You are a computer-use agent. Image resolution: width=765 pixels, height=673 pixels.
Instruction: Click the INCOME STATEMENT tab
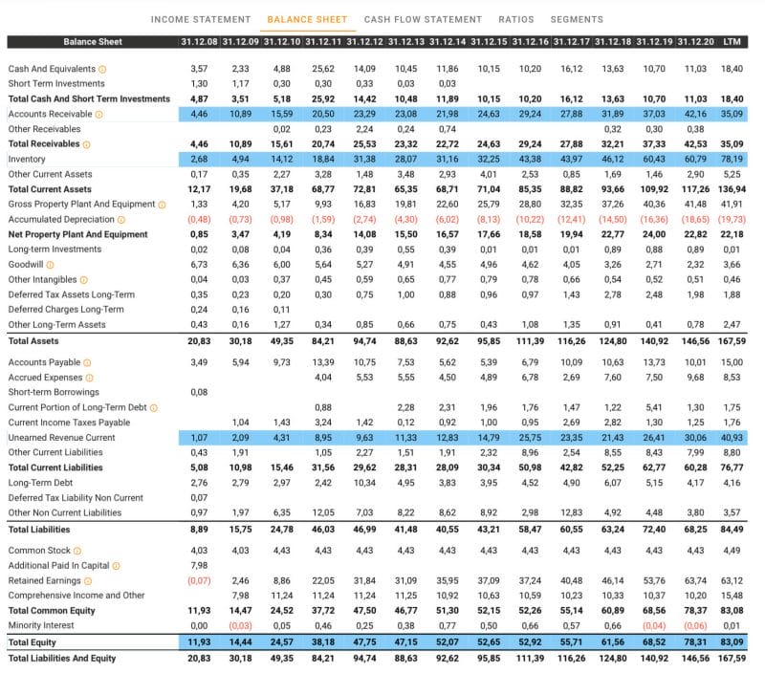pos(201,19)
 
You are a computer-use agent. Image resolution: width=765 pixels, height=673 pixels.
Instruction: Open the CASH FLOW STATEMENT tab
pos(423,19)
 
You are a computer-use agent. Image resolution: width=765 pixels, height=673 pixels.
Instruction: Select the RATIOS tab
pos(516,19)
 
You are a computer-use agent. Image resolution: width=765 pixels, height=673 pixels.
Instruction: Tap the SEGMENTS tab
pos(577,19)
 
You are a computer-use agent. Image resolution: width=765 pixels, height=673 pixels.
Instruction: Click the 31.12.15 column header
pos(489,42)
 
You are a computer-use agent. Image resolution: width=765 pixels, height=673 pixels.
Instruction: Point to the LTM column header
pos(732,42)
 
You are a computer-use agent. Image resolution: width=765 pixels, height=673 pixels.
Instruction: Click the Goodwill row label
pos(26,264)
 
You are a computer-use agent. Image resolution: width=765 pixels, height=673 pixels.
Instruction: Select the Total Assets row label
pos(33,341)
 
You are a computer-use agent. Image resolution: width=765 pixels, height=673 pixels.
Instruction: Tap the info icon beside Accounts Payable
pos(87,363)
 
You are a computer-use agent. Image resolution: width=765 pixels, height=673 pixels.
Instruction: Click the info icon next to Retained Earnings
pos(88,581)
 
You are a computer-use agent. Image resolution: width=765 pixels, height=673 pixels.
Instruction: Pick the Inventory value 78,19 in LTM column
pos(732,159)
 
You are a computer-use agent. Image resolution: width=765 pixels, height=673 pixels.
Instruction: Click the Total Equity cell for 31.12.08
pos(199,642)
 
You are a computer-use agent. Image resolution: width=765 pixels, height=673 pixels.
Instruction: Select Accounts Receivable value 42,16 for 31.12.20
pos(695,114)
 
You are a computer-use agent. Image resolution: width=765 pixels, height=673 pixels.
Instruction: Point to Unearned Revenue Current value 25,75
pos(530,438)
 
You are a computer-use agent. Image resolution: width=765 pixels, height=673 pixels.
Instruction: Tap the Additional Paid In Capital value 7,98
pos(199,566)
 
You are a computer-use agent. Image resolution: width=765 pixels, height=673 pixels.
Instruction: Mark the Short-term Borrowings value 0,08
pos(199,392)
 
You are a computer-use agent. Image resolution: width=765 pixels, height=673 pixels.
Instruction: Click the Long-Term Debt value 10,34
pos(364,483)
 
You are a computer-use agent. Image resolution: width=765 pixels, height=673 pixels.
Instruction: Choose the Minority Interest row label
pos(41,626)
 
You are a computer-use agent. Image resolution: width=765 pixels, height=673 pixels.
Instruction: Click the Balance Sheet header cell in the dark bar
pos(93,42)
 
